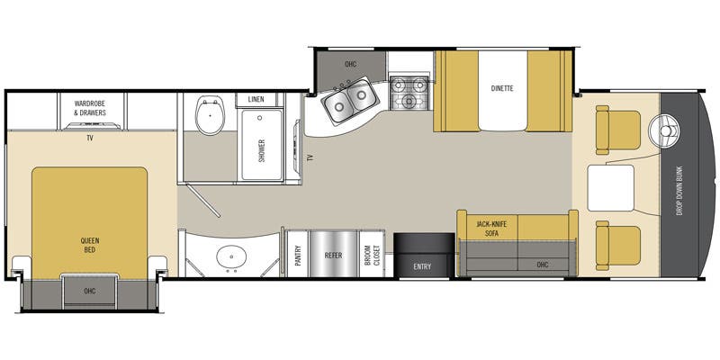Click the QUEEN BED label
(90, 245)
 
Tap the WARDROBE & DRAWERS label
(90, 108)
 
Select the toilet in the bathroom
(210, 115)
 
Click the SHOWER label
(262, 150)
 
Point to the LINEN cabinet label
(256, 99)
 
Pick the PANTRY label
(298, 256)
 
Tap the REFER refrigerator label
(333, 256)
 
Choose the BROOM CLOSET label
(370, 256)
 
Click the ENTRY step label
(422, 266)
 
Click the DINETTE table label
(502, 88)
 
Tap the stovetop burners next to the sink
(409, 94)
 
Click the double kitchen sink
(350, 100)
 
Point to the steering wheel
(663, 130)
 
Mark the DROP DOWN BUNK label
(679, 191)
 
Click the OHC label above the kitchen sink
(350, 64)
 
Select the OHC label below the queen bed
(90, 291)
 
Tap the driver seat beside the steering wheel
(617, 130)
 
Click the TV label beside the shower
(310, 157)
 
